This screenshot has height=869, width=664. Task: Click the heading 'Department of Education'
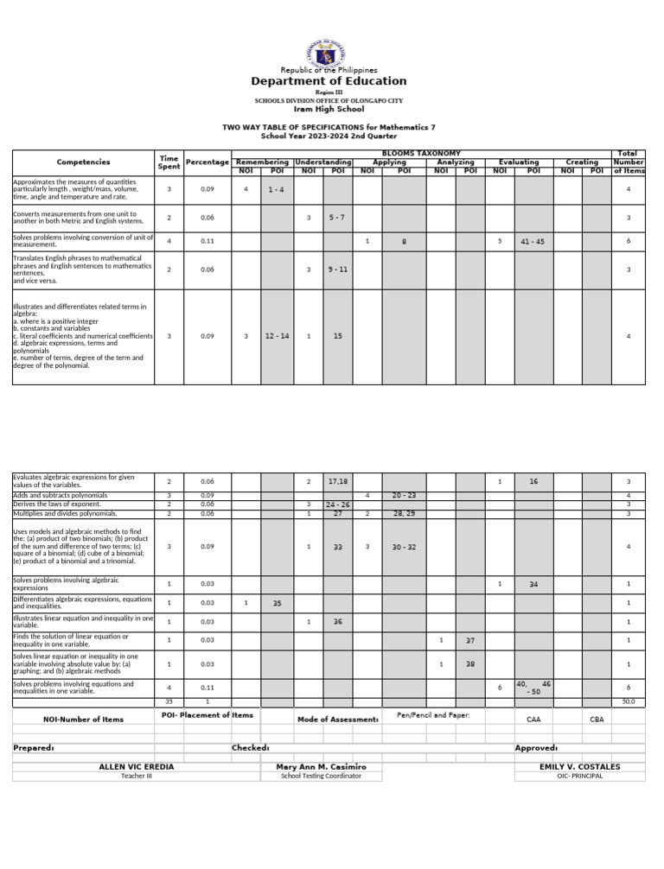[329, 81]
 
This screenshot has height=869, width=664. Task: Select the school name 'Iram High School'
[329, 110]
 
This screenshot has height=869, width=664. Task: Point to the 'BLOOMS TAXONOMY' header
[421, 153]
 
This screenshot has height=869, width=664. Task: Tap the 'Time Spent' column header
[169, 162]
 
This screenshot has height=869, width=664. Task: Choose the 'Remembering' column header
[262, 162]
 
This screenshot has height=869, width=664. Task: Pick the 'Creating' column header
[582, 162]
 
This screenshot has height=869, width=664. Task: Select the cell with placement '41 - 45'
[533, 241]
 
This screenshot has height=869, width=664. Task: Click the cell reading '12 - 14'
[277, 335]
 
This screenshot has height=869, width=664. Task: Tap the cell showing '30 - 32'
[403, 547]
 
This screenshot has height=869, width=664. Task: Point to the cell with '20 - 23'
[403, 496]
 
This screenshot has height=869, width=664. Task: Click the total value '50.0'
[629, 702]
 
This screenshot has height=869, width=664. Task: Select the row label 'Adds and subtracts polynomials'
[61, 496]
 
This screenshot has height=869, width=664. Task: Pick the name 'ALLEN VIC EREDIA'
[137, 766]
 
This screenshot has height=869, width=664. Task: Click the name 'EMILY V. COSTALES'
[579, 766]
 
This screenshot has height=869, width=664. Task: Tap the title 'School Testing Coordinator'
[321, 776]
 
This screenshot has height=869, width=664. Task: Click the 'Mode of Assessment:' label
[337, 719]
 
